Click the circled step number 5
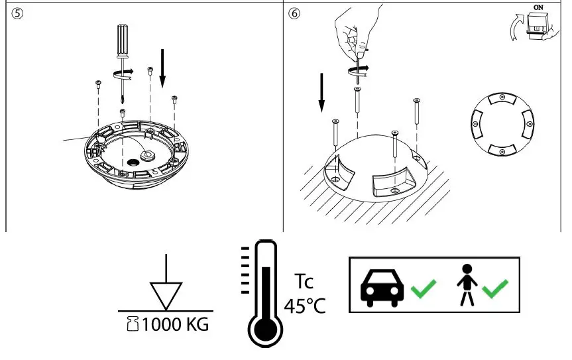[x=17, y=13]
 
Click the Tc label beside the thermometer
[x=304, y=282]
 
